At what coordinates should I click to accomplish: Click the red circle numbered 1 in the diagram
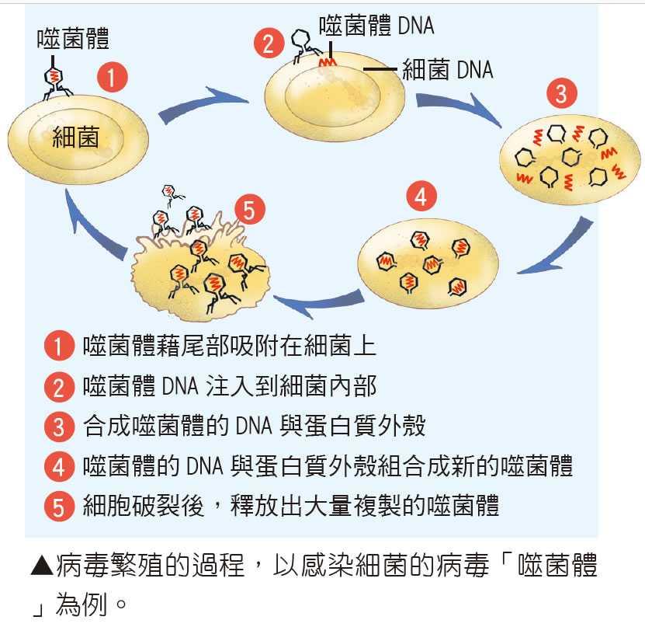click(x=112, y=78)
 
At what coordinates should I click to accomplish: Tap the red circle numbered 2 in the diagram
click(x=269, y=44)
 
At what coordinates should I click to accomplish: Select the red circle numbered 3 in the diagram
click(x=561, y=94)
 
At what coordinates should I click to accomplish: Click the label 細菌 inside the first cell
click(x=76, y=139)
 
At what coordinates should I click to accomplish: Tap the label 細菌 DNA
click(x=447, y=71)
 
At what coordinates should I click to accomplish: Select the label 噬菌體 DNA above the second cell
click(x=376, y=26)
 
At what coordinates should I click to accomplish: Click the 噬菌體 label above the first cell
click(x=72, y=38)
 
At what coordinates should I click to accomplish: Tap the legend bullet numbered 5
click(x=59, y=508)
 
